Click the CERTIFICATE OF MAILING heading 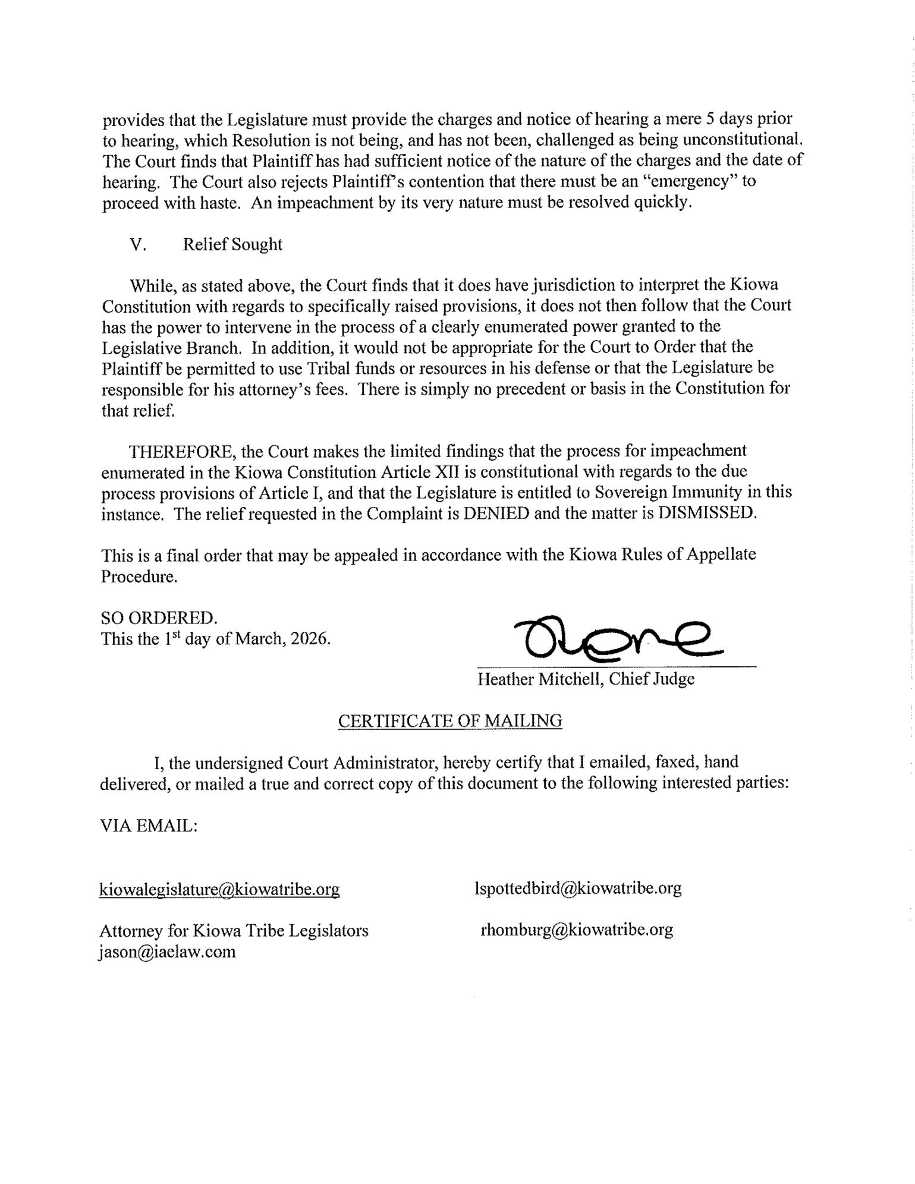coord(449,720)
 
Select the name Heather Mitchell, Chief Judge coord(586,679)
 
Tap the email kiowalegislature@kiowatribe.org coord(219,889)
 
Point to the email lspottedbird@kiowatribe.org coord(578,888)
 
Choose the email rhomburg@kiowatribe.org coord(576,930)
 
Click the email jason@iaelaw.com coord(168,952)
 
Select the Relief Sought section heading coord(232,244)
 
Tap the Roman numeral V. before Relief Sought coord(138,244)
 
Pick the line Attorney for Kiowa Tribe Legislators coord(234,930)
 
